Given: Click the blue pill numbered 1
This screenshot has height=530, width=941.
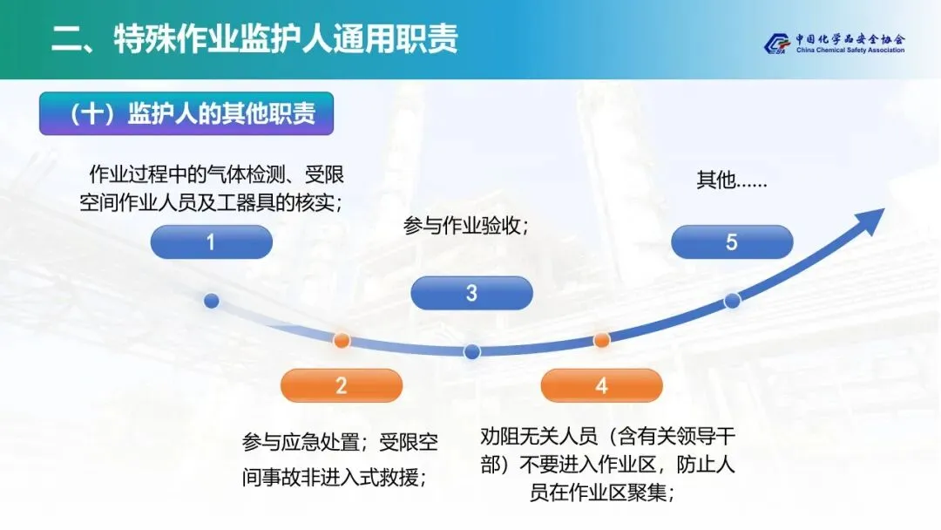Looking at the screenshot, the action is coord(211,242).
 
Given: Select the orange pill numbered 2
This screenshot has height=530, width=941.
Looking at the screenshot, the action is coord(342,385).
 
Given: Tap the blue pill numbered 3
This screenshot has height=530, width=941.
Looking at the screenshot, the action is coord(471,293).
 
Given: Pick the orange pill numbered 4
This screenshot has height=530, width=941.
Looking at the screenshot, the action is coord(601,385).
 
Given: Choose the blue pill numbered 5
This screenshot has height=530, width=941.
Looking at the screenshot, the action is coord(732,242).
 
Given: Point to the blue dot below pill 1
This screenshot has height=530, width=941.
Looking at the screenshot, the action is coord(211,301).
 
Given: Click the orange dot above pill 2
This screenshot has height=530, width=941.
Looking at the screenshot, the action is coord(342,340).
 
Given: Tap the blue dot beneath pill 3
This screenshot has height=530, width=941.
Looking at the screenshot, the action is coord(471,351).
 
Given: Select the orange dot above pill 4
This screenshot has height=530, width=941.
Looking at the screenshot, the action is coord(601,340).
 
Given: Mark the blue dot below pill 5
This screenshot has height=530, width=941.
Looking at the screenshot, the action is coord(732,301).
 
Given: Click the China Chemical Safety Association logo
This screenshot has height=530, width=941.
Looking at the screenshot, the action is coord(835,44).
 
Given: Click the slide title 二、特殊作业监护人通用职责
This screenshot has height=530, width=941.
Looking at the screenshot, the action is coord(254,39).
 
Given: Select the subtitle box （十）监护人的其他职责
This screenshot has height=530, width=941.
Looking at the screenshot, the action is coord(186,114).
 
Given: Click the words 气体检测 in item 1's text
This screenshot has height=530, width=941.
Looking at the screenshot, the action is coord(248,174).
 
